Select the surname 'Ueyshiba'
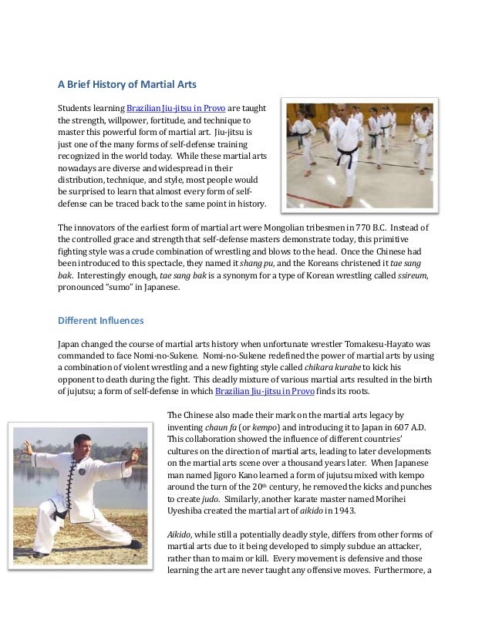tap(190, 514)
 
